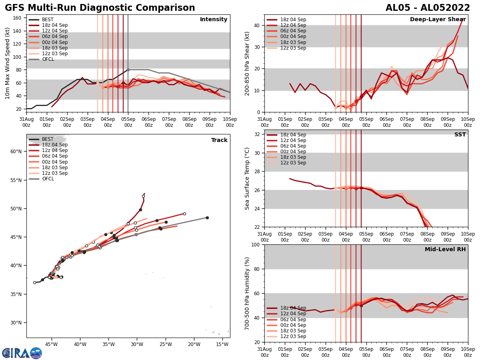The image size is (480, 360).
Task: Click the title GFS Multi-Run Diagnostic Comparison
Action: click(100, 8)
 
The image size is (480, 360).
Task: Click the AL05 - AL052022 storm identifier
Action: click(428, 8)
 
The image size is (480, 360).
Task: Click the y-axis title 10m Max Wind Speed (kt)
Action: click(8, 63)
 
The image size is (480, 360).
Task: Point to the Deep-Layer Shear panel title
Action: click(438, 20)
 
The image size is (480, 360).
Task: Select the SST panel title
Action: click(460, 135)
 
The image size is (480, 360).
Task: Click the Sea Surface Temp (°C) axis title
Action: click(247, 178)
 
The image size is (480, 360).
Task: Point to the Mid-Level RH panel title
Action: click(445, 250)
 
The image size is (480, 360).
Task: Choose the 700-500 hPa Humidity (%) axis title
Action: click(247, 293)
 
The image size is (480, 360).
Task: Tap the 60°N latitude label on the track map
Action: click(16, 151)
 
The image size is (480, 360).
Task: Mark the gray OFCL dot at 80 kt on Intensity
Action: click(128, 70)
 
